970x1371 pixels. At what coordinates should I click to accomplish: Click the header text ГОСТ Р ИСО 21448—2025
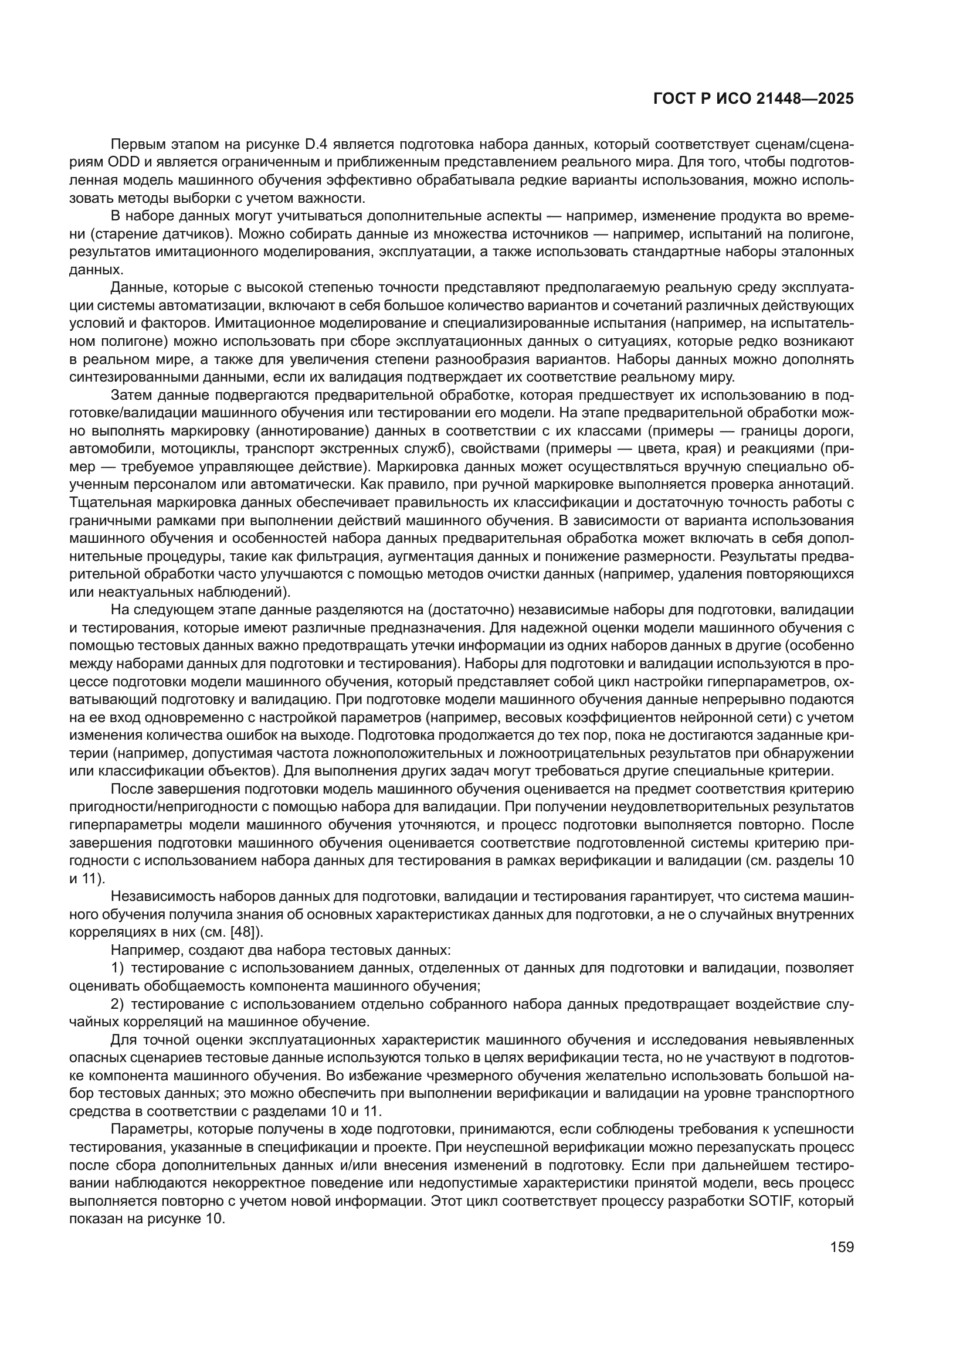[753, 99]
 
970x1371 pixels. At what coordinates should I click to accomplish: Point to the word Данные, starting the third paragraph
[138, 288]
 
